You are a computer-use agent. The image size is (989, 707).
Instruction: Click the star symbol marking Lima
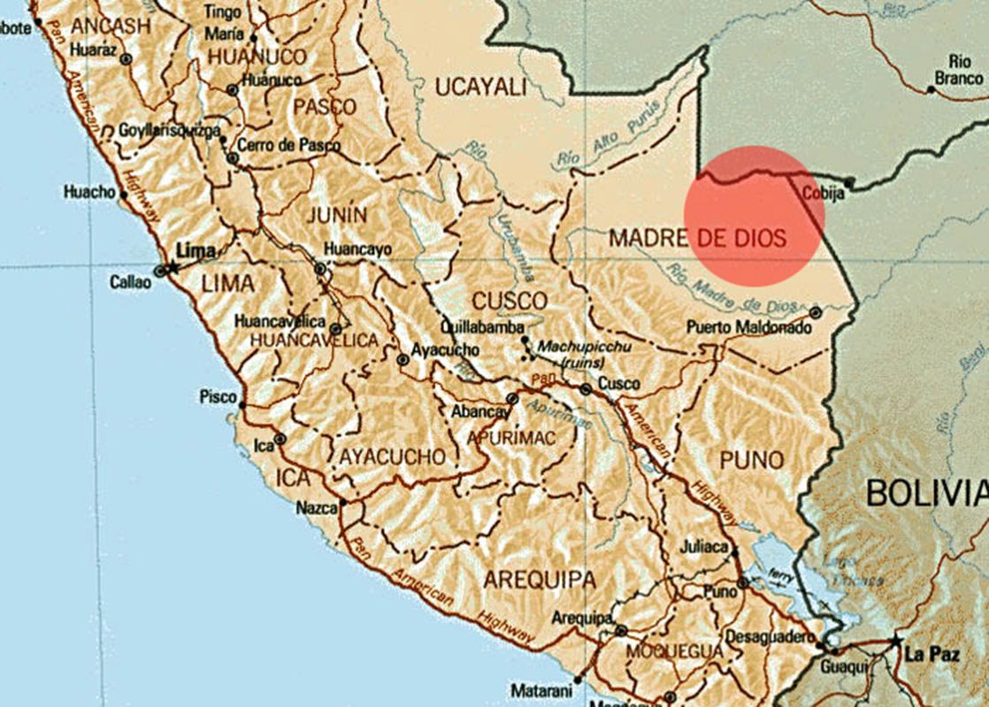point(174,267)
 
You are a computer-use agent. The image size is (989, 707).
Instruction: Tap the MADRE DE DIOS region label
point(697,237)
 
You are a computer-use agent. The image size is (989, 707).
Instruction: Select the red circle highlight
point(755,216)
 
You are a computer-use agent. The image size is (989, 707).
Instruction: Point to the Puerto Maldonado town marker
point(816,312)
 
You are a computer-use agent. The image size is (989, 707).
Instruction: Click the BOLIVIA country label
point(925,492)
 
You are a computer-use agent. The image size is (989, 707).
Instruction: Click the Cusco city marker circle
point(586,388)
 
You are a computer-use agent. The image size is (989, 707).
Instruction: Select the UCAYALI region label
point(480,86)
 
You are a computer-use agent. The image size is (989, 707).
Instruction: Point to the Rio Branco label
point(959,69)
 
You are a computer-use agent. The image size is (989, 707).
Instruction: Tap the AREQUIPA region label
point(540,580)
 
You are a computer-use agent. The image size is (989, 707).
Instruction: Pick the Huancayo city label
point(357,250)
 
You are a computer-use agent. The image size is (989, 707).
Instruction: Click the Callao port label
point(131,283)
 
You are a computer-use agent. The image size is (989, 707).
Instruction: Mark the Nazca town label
point(317,508)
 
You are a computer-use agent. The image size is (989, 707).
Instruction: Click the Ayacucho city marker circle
point(403,360)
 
